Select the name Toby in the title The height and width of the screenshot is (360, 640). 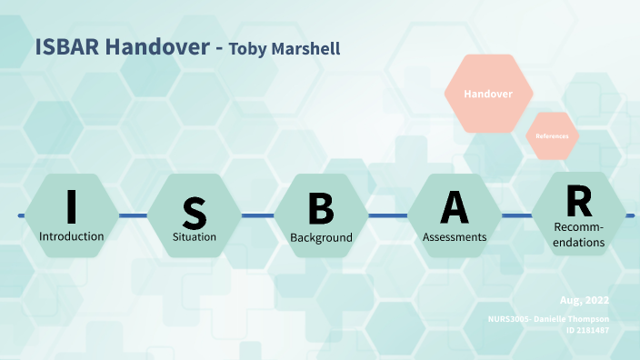(249, 49)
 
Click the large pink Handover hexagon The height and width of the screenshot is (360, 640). (488, 94)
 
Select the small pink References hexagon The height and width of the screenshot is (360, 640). (552, 135)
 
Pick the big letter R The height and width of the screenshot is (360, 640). (578, 199)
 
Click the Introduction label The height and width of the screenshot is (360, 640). (71, 236)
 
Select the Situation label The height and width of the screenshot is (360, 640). (195, 237)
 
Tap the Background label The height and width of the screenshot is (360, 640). (321, 238)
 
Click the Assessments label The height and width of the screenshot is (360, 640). (455, 236)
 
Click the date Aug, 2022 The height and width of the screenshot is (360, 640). (584, 300)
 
